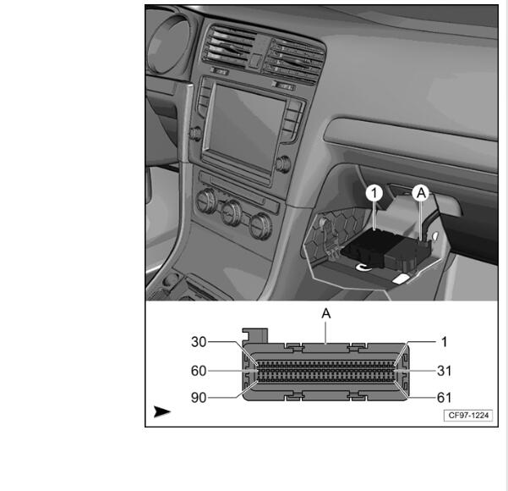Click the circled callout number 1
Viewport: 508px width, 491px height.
[x=374, y=193]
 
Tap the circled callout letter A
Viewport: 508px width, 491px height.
[x=421, y=193]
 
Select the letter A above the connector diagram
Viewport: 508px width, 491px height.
[x=326, y=313]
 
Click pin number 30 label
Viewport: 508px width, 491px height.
[x=199, y=342]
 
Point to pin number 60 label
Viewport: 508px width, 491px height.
[x=199, y=371]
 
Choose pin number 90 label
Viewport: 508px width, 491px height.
[x=199, y=398]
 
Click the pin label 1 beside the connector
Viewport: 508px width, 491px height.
[x=444, y=342]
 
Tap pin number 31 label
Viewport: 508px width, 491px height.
[x=444, y=371]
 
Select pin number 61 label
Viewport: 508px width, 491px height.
[x=444, y=398]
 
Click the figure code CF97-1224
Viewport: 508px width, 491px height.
[x=468, y=416]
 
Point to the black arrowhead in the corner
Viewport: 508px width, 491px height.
[x=161, y=411]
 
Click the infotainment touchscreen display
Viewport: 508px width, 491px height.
[x=246, y=127]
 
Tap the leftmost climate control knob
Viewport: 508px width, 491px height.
[x=205, y=201]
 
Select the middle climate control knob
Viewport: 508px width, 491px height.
[x=232, y=212]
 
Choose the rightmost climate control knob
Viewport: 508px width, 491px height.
[x=259, y=226]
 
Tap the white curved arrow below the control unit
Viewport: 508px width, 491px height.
[x=363, y=267]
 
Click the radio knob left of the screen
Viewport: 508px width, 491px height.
[x=195, y=134]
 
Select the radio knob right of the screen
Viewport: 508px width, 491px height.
[x=283, y=163]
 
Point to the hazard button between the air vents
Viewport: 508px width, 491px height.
[x=256, y=61]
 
